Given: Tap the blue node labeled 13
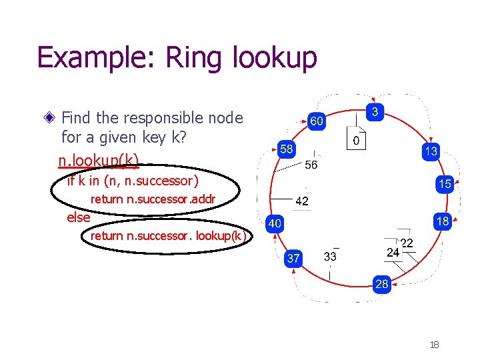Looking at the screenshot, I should tap(431, 151).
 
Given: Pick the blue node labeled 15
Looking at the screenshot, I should tap(444, 183).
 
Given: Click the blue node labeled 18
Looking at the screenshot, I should tap(442, 221).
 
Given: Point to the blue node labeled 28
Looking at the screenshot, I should tap(381, 285).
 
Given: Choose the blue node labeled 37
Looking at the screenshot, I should tap(293, 257).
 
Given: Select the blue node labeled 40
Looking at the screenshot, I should tap(275, 224).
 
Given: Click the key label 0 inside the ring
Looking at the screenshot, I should tap(357, 141).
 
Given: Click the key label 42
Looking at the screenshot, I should tap(301, 201).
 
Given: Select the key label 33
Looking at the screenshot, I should tap(330, 256).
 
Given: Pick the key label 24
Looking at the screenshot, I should tap(393, 253).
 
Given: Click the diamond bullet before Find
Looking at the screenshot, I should tap(49, 118).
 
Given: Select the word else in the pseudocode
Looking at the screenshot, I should tap(79, 217).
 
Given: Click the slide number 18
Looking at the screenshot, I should tap(434, 345).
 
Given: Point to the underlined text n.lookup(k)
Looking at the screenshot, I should tap(99, 161).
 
